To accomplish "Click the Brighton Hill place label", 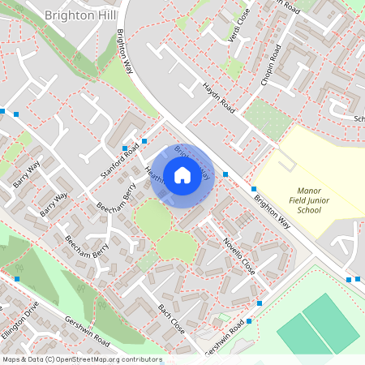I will point(73,15).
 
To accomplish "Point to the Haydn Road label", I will point(218,97).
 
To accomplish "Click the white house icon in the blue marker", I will point(182,174).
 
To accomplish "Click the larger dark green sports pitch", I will point(330,324).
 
